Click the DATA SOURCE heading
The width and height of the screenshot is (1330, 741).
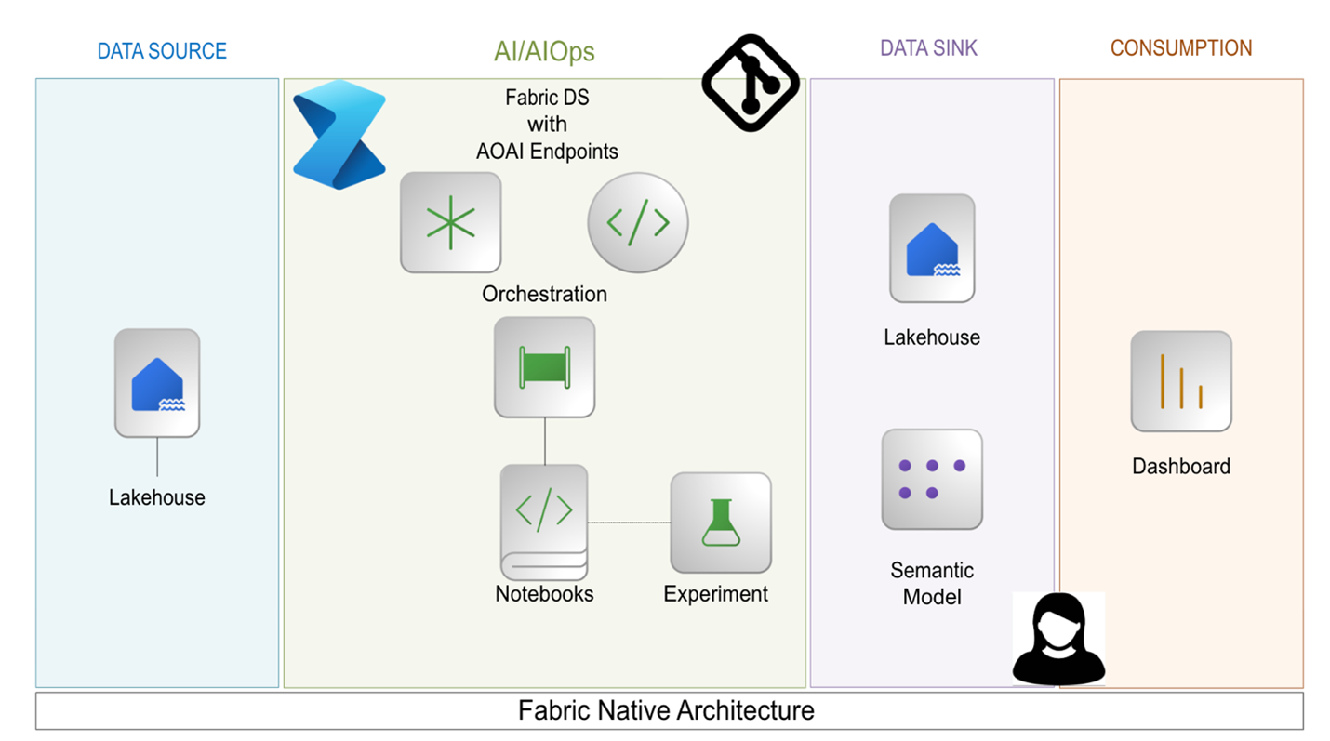(162, 50)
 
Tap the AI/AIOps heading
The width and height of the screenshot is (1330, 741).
(544, 51)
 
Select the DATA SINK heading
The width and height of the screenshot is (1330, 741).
(929, 48)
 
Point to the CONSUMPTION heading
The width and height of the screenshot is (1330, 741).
(1181, 47)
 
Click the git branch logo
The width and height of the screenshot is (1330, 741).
(751, 83)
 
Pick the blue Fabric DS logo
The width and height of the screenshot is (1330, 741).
(339, 135)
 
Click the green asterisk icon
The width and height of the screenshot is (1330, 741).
(450, 222)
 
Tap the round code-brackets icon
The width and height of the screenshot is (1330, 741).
(638, 222)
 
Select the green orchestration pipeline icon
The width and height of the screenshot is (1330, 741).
(544, 367)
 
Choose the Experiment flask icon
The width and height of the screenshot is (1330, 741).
(721, 523)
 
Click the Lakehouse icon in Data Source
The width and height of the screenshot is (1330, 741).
(157, 382)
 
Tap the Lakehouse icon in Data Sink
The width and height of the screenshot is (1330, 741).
(932, 248)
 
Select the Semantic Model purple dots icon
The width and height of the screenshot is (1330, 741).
(932, 479)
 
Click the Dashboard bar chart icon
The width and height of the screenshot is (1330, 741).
(1181, 381)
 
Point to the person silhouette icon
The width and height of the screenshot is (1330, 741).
(1058, 639)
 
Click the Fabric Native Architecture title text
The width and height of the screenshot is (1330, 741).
(666, 711)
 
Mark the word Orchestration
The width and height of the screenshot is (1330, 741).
(544, 294)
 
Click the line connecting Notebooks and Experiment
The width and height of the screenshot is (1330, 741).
(629, 523)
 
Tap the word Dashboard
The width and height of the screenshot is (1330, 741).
(1180, 466)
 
